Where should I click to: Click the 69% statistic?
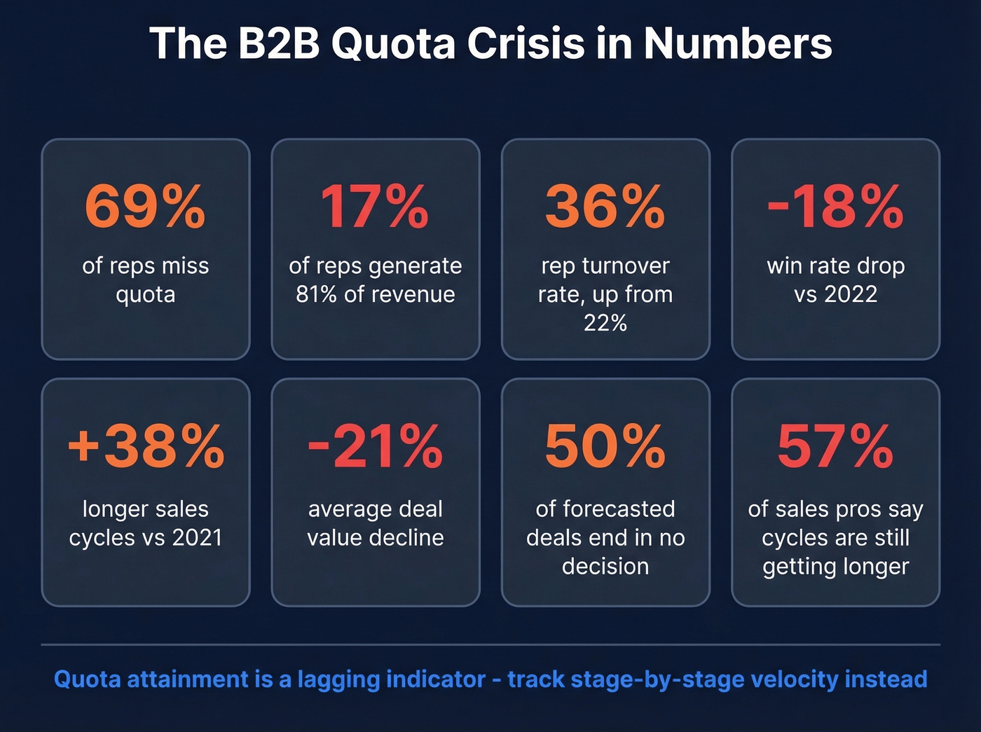pos(145,207)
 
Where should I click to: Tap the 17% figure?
pos(375,207)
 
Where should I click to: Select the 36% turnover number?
pos(605,207)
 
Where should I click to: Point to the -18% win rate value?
pos(835,207)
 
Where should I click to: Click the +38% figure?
pos(146,446)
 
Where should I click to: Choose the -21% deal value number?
pos(375,446)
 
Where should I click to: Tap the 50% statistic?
pos(605,446)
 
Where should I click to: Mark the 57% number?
pos(835,446)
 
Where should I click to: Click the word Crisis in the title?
pos(525,43)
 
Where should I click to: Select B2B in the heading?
pos(278,43)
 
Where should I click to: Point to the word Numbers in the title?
pos(737,43)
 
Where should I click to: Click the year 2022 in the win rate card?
pos(850,294)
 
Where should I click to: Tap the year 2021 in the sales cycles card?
pos(197,537)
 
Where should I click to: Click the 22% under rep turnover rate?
pos(605,323)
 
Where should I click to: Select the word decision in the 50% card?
pos(605,566)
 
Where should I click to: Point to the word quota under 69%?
pos(145,295)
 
